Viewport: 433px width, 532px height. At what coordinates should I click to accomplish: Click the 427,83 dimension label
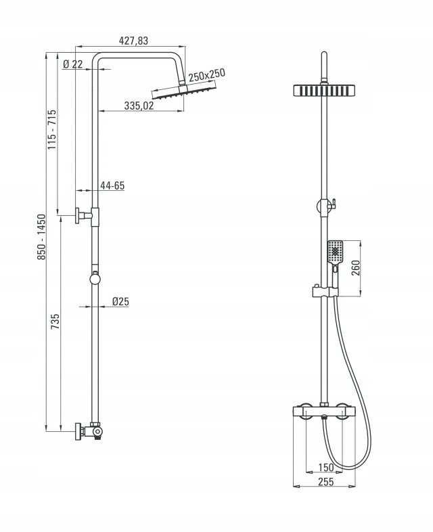133,41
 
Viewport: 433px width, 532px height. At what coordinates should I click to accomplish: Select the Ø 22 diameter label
73,64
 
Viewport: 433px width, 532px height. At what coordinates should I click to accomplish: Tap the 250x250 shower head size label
207,75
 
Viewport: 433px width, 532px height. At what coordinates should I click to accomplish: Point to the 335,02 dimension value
139,106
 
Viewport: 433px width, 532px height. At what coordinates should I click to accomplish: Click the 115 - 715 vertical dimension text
51,129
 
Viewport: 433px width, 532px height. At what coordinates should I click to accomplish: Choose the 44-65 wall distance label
112,185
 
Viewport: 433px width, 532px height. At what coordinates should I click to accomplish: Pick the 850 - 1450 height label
41,237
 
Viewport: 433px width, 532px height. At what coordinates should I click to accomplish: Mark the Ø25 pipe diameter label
120,301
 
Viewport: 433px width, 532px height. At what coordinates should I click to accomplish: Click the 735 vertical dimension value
55,322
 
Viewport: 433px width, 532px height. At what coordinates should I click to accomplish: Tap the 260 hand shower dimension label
355,268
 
